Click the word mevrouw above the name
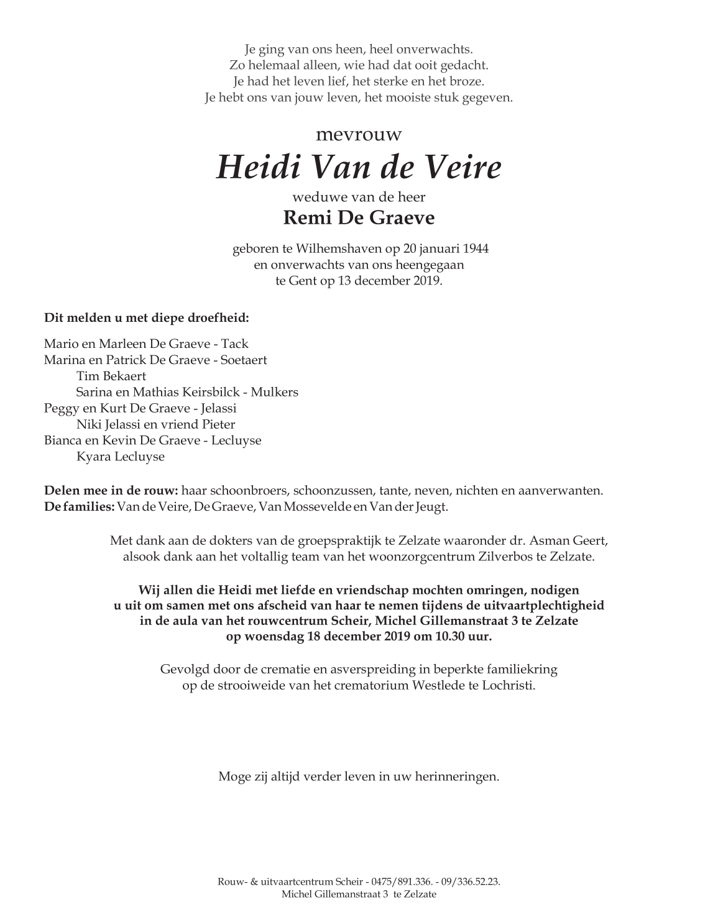point(359,134)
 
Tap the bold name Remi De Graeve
point(359,218)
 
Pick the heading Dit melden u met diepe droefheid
point(147,318)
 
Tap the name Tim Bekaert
point(111,376)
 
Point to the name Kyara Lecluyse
point(121,457)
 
